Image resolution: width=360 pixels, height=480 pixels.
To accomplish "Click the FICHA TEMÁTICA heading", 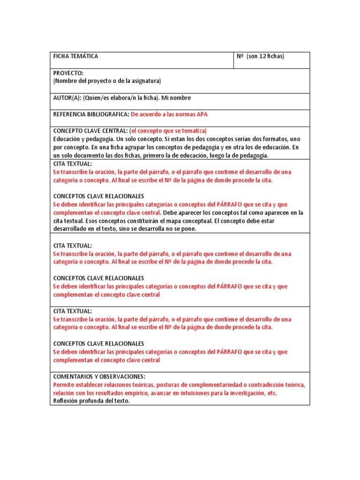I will pyautogui.click(x=75, y=56).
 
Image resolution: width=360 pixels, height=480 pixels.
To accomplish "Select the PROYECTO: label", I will pyautogui.click(x=68, y=73).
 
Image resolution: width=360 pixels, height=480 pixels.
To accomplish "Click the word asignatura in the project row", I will pyautogui.click(x=146, y=81).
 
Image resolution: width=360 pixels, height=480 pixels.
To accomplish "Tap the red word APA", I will pyautogui.click(x=202, y=114).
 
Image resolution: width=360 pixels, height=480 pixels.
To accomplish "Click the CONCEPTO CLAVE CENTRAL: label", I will pyautogui.click(x=90, y=131).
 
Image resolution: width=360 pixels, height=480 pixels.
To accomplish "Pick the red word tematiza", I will pyautogui.click(x=192, y=131).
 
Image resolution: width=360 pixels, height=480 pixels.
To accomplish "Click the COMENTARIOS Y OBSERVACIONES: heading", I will pyautogui.click(x=99, y=376).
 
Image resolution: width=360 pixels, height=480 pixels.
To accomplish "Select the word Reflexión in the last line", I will pyautogui.click(x=66, y=401).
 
